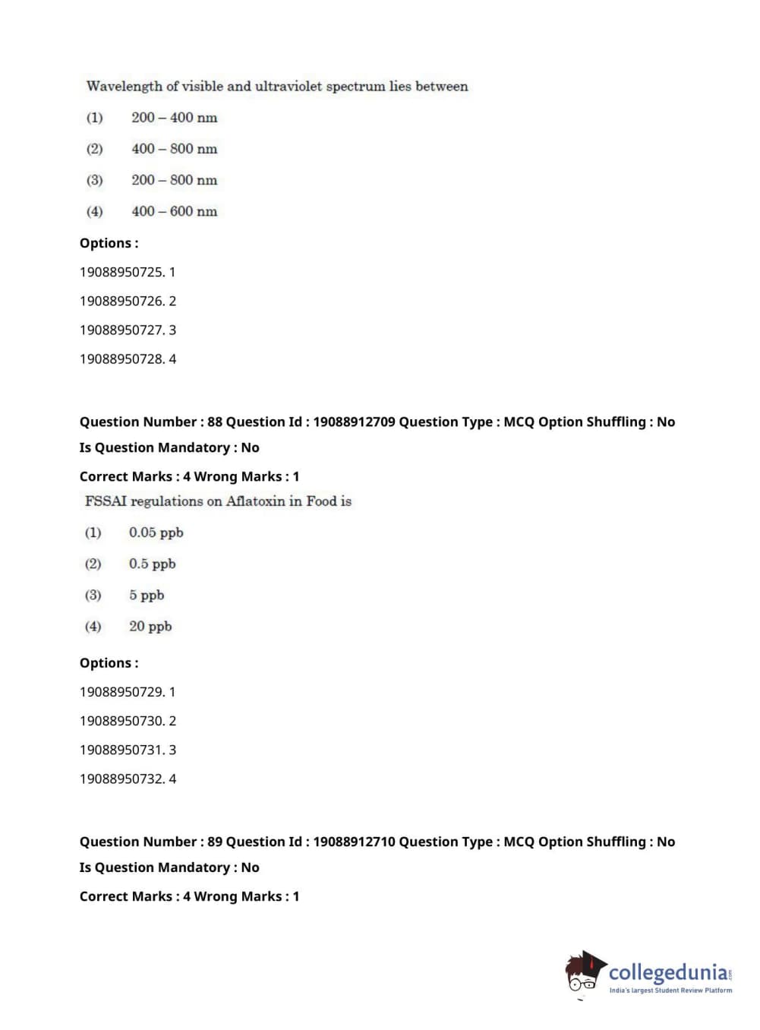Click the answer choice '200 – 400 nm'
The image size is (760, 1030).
174,118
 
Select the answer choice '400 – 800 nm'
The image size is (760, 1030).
174,149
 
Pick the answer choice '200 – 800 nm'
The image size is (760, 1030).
174,180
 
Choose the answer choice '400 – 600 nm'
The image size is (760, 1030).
174,211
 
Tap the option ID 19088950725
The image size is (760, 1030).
121,272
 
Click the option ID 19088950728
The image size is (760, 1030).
121,359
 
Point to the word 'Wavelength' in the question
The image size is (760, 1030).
125,87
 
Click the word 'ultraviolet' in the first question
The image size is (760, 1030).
289,87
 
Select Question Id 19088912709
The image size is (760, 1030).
354,422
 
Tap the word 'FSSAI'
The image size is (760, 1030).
106,501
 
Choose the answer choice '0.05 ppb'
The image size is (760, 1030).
156,532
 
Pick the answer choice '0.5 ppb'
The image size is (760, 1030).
152,564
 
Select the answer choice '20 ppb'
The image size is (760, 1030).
150,627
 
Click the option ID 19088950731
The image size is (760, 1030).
121,750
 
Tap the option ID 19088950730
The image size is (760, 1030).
121,721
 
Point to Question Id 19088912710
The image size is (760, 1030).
354,842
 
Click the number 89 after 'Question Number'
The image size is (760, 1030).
215,842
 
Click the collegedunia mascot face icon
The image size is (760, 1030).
584,972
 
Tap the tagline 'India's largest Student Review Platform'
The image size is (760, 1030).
670,991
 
